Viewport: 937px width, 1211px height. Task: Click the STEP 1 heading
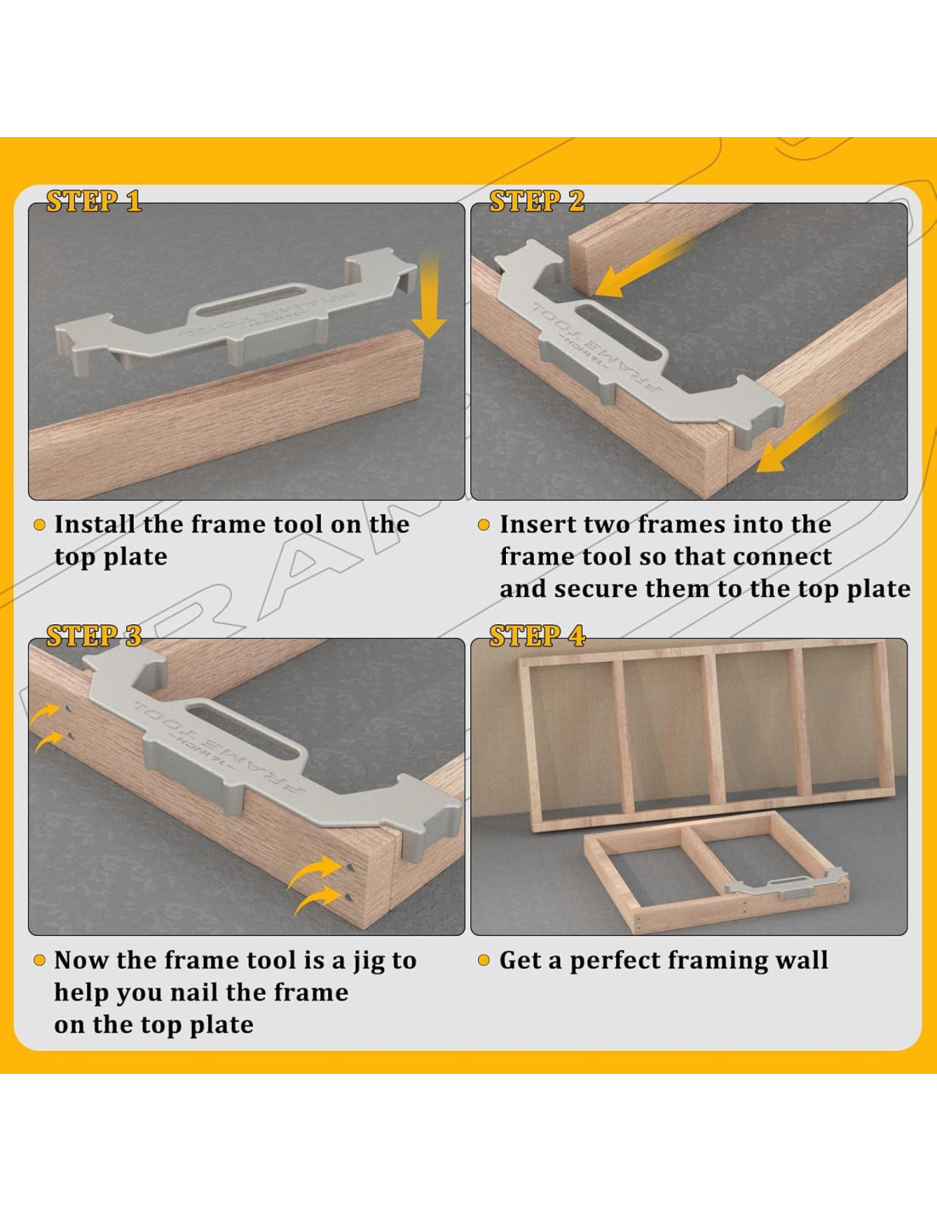[94, 201]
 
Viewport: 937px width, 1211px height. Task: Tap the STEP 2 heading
[537, 201]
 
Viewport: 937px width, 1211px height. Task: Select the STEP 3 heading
[94, 636]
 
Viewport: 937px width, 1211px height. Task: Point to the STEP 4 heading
[537, 636]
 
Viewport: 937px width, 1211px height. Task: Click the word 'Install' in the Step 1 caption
[95, 525]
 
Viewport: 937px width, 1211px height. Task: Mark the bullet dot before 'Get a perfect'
[484, 961]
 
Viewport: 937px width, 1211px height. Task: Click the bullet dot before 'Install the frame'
[39, 525]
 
